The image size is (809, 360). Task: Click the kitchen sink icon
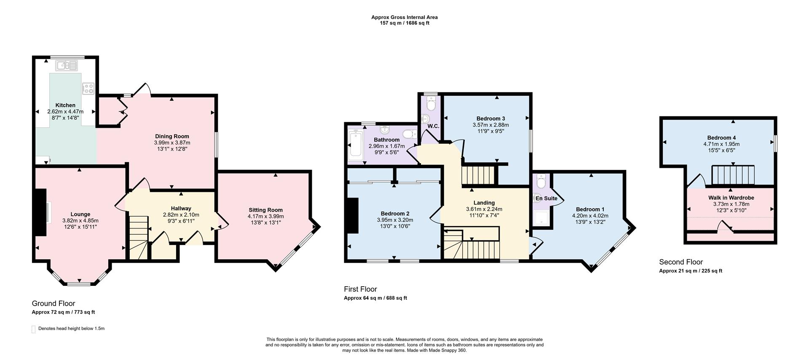tap(67, 65)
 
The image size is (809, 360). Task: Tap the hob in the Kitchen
tap(88, 88)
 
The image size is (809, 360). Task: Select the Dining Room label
tap(172, 136)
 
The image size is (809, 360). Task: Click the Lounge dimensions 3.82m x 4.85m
tap(80, 220)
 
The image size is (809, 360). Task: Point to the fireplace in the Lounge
tap(40, 212)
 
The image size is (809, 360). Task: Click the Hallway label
tap(181, 208)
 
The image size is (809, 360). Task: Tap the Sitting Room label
tap(265, 210)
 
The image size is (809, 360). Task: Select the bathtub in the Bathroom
tap(356, 145)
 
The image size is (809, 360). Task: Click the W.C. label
tap(433, 126)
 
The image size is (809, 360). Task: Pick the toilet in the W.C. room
tap(431, 102)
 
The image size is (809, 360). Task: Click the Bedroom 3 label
tap(490, 118)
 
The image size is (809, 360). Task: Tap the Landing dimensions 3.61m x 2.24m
tap(484, 209)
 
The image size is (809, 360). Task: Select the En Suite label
tap(546, 198)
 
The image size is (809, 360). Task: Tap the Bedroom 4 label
tap(721, 138)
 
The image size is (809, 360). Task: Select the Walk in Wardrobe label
tap(731, 198)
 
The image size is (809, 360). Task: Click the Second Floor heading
tap(681, 262)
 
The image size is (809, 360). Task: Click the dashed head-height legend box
tap(33, 329)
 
